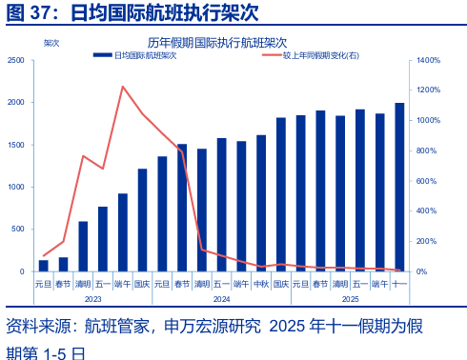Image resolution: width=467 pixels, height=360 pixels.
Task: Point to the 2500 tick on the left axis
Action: point(16,61)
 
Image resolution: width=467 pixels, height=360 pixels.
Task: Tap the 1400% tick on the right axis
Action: point(427,61)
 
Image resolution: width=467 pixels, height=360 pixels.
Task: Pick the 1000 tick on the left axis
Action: point(16,187)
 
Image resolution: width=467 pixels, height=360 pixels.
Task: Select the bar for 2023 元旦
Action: point(43,266)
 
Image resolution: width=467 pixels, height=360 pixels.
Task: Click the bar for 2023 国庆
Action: point(142,220)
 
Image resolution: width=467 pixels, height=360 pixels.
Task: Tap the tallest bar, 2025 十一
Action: point(399,187)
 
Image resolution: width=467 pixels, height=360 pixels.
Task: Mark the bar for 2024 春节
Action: point(182,208)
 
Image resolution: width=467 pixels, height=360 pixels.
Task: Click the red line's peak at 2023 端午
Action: point(123,87)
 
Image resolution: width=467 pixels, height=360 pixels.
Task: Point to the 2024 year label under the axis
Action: point(221,299)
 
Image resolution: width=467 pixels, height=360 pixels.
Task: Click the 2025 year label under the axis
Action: point(350,299)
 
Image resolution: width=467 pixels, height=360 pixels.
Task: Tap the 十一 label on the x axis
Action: point(399,284)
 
